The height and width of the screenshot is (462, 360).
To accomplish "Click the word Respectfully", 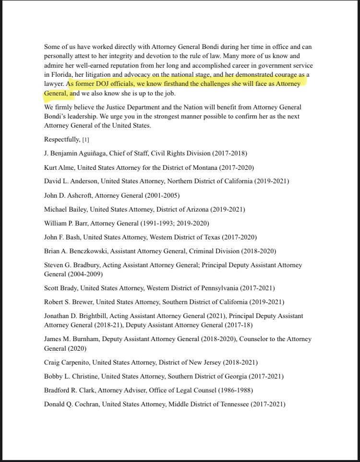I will coord(62,140).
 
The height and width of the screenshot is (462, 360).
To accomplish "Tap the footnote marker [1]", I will coord(86,140).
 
